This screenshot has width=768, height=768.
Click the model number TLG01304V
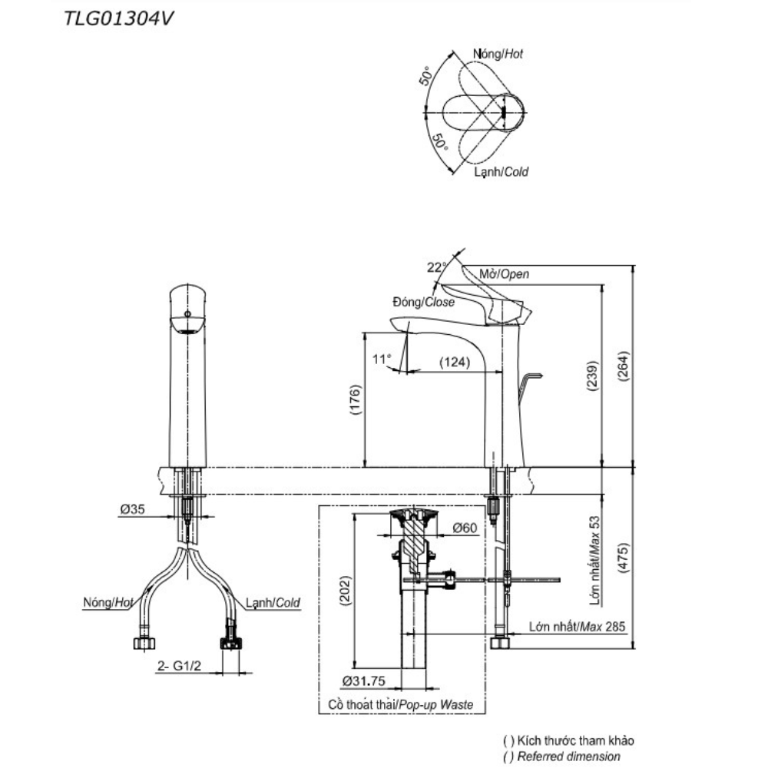click(118, 18)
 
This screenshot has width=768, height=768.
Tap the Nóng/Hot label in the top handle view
click(498, 54)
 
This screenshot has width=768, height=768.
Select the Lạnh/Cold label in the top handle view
click(501, 172)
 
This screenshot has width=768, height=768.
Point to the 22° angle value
click(436, 267)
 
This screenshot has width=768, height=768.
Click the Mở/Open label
click(504, 274)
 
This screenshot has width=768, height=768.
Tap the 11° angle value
click(382, 359)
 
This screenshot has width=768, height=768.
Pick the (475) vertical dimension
click(624, 558)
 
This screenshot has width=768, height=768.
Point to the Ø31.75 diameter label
click(364, 680)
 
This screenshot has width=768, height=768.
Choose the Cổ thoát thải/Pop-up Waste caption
click(401, 705)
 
